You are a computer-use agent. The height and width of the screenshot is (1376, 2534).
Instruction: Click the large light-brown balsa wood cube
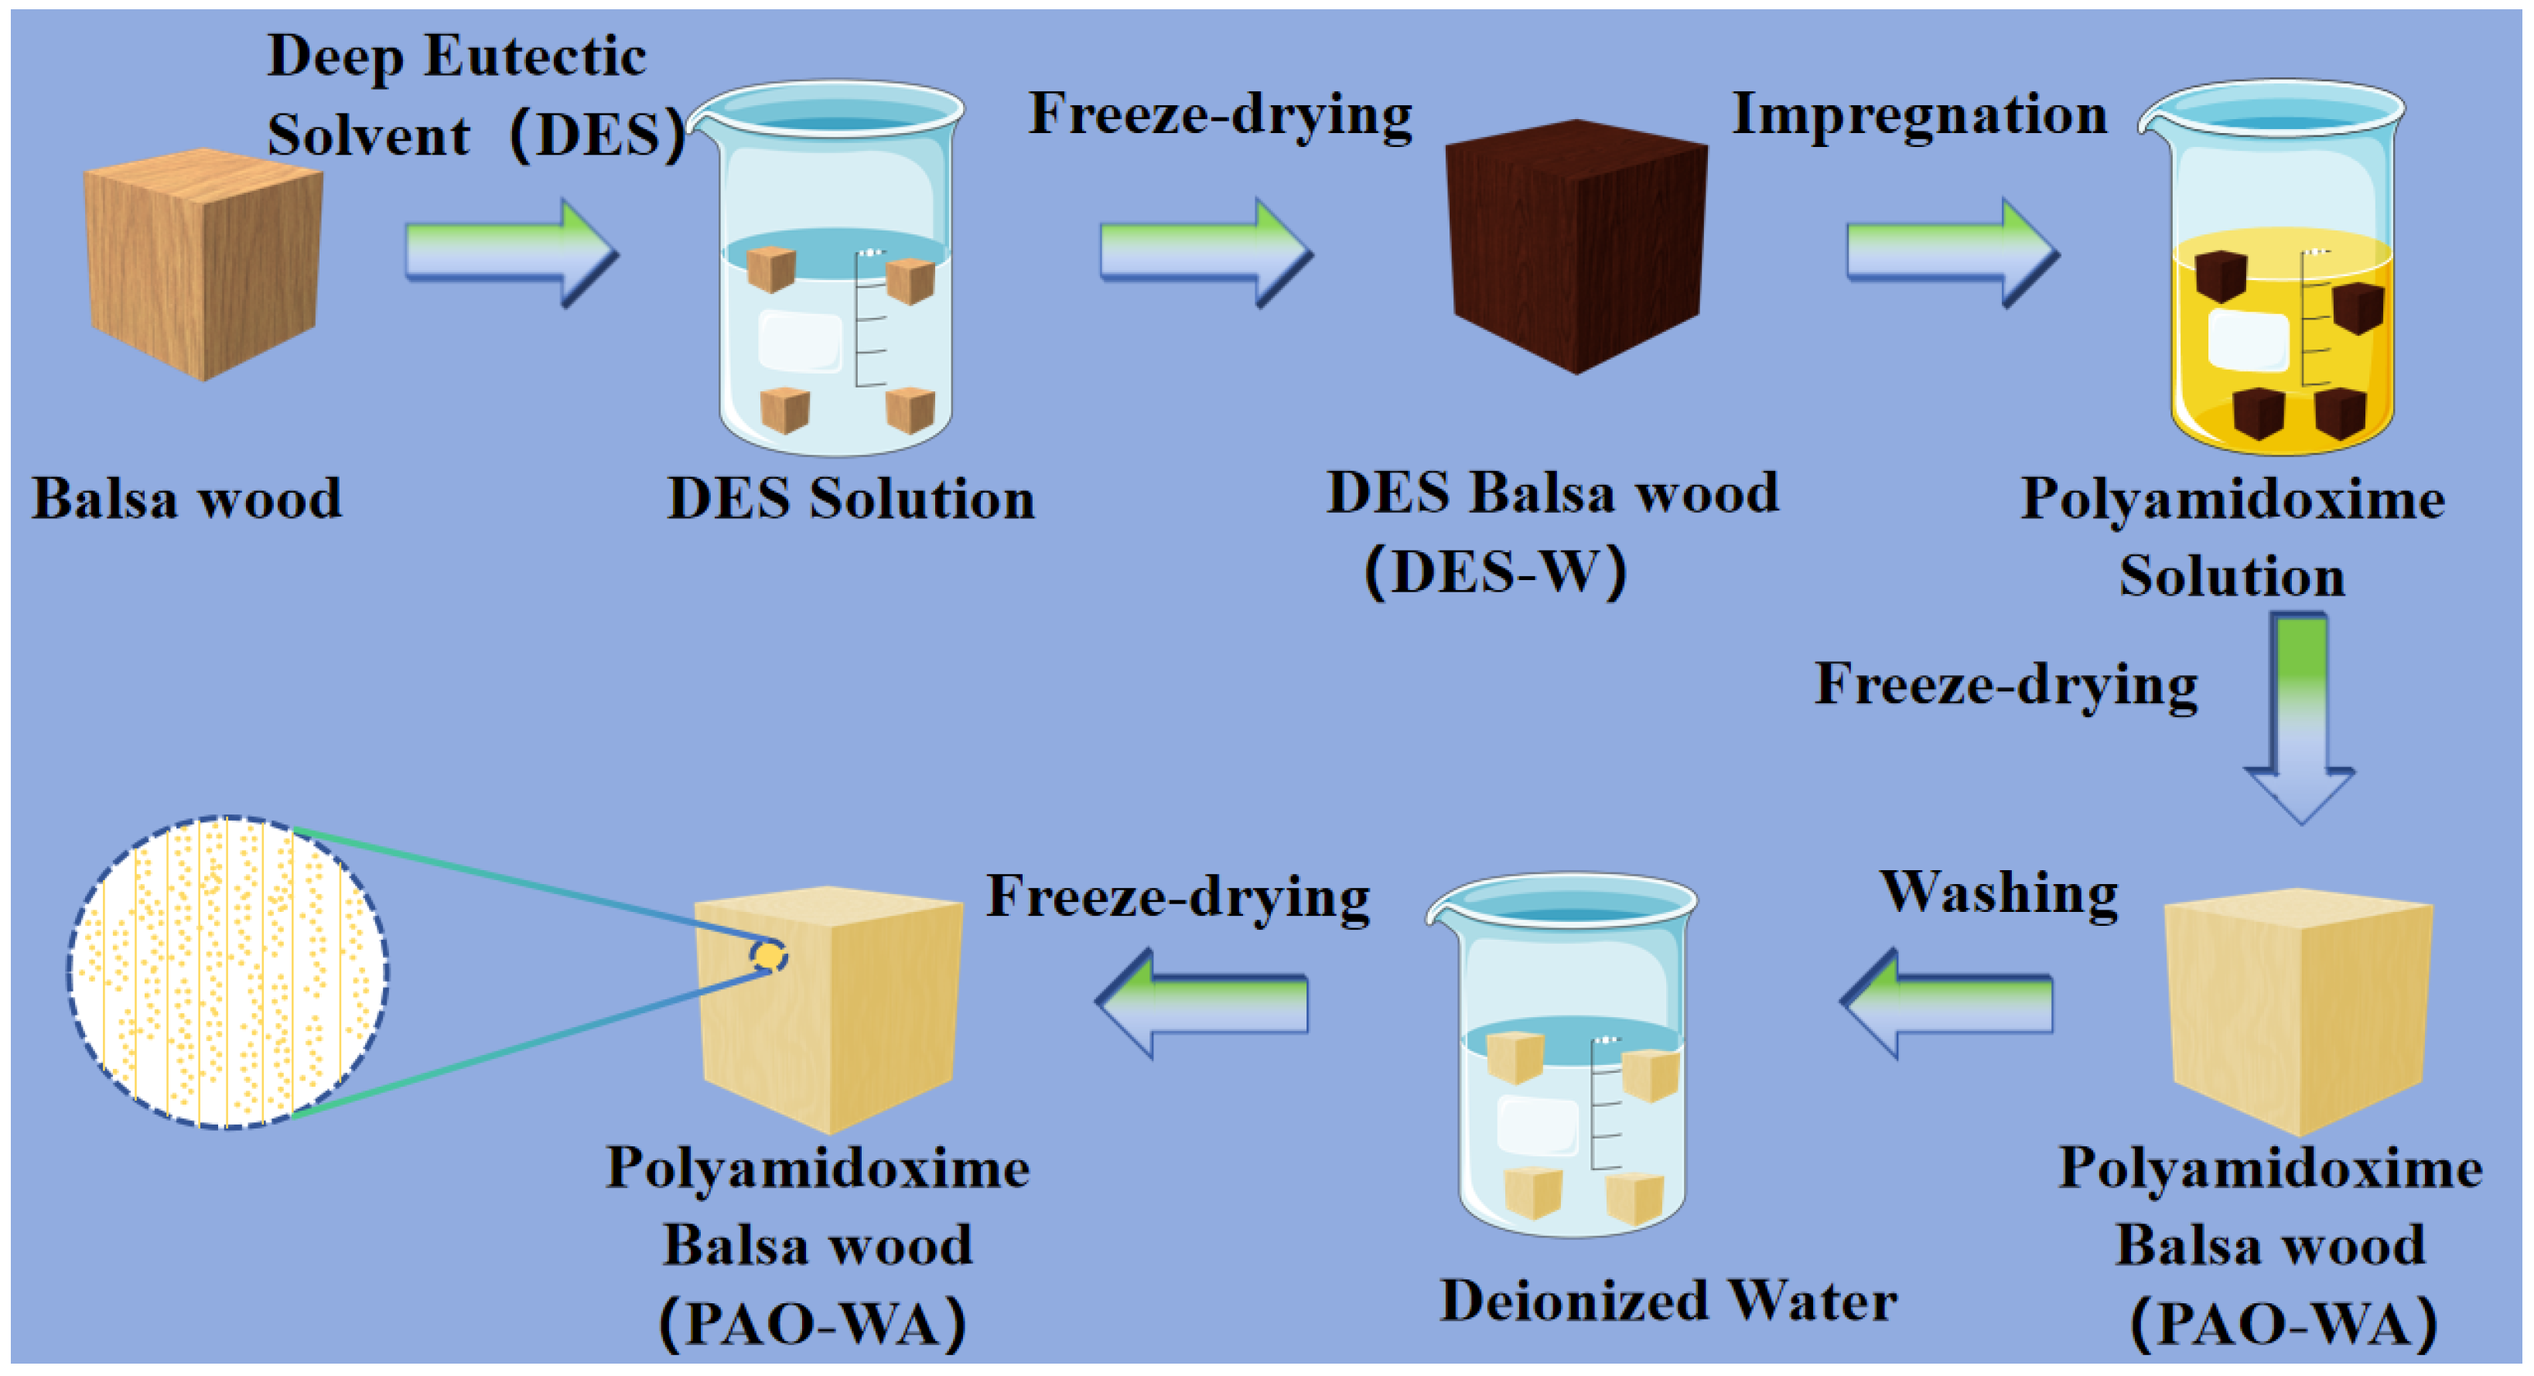click(x=203, y=263)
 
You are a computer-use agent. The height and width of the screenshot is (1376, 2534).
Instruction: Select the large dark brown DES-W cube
click(x=1576, y=246)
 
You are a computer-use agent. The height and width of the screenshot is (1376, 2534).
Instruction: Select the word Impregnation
click(x=1919, y=115)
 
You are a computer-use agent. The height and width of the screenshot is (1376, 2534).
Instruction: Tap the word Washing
click(x=1999, y=893)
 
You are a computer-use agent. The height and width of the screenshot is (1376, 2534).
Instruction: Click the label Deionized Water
click(x=1668, y=1301)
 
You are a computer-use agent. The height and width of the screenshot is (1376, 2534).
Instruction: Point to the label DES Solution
click(x=851, y=499)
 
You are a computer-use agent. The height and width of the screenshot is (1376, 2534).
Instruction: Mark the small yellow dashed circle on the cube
click(x=768, y=955)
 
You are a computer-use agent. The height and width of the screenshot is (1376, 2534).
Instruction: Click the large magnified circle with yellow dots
click(x=228, y=971)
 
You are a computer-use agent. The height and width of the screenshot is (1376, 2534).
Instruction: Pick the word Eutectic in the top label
click(x=535, y=56)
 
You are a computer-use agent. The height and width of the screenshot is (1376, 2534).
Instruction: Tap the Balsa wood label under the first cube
click(x=187, y=499)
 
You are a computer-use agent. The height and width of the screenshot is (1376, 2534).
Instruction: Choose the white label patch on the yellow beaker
click(x=2247, y=340)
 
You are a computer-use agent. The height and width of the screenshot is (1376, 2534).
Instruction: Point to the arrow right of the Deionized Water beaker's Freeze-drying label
click(x=1202, y=1003)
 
